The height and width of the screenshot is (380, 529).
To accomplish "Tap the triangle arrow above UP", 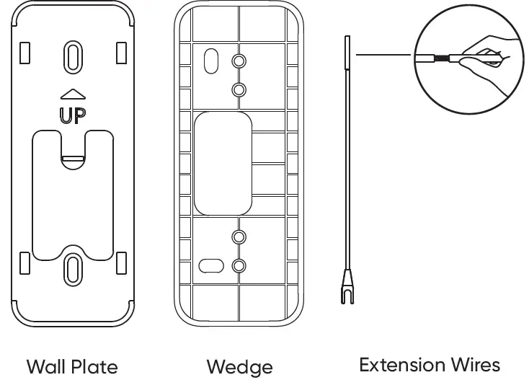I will click(73, 94).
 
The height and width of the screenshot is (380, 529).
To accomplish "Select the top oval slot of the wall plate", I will click(73, 56).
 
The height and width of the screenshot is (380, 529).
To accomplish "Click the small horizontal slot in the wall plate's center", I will click(72, 156).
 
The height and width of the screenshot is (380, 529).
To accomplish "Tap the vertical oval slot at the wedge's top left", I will click(210, 60).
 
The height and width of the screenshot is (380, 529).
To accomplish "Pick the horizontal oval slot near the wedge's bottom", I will click(210, 265).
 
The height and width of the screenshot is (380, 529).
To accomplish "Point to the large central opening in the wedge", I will click(222, 163).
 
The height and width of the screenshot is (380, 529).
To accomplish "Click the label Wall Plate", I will click(72, 366).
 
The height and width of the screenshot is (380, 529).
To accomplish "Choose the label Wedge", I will click(239, 366).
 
